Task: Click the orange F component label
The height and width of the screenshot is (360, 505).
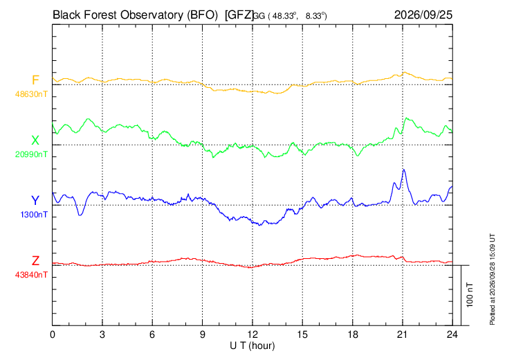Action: pyautogui.click(x=35, y=80)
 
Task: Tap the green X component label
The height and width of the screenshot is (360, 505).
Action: pyautogui.click(x=35, y=141)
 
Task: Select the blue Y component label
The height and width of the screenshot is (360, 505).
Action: pyautogui.click(x=35, y=201)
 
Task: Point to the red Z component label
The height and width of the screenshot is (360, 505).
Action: pyautogui.click(x=35, y=260)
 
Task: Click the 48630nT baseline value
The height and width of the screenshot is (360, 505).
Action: pyautogui.click(x=31, y=94)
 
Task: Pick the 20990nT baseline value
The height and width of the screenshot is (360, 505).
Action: pyautogui.click(x=31, y=154)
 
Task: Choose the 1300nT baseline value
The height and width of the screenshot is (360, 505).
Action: pyautogui.click(x=34, y=215)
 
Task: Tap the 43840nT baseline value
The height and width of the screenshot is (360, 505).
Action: pyautogui.click(x=31, y=275)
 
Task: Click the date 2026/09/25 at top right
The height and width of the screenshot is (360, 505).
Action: pyautogui.click(x=423, y=15)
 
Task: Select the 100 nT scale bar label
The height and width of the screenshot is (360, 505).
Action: pyautogui.click(x=470, y=295)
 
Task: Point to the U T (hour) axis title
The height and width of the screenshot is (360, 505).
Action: pyautogui.click(x=252, y=346)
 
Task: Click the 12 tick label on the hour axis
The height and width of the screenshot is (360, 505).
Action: pyautogui.click(x=252, y=334)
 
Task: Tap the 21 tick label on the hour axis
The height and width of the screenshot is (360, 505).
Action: pyautogui.click(x=402, y=334)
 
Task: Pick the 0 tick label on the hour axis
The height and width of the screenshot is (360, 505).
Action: pyautogui.click(x=53, y=334)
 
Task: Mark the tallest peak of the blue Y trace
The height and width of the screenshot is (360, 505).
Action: pyautogui.click(x=403, y=170)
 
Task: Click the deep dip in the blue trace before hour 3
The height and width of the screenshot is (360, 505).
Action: pyautogui.click(x=80, y=215)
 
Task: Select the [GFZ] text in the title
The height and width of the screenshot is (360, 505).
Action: pyautogui.click(x=239, y=15)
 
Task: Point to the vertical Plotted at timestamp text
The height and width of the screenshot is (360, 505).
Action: pyautogui.click(x=492, y=279)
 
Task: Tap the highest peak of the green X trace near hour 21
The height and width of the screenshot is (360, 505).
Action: pyautogui.click(x=407, y=118)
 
